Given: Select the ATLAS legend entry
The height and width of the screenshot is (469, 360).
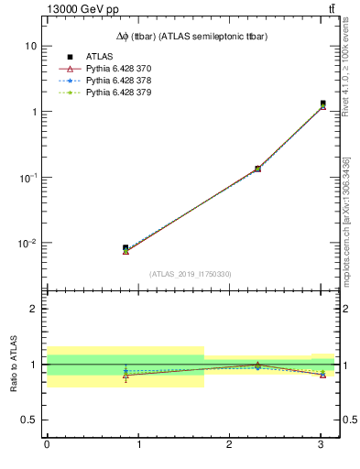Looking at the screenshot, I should [x=99, y=57].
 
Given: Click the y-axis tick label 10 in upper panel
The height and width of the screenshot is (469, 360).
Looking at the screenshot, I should [x=30, y=46].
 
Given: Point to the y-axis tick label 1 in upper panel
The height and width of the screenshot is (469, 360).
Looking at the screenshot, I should [x=33, y=112].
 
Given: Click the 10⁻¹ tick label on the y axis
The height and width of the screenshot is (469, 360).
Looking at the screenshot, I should [x=27, y=178].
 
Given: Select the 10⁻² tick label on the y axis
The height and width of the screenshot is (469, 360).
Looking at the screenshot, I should [x=27, y=244].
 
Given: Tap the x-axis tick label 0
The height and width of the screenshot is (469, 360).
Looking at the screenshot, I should [x=47, y=445].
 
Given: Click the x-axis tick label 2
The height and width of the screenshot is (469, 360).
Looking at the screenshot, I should [x=230, y=445].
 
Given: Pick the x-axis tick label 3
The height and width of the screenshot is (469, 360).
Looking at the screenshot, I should [x=321, y=445].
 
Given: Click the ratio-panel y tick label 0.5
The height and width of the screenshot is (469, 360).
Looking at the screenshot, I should [x=28, y=420].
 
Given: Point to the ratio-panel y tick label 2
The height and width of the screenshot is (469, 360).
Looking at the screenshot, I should [x=33, y=309].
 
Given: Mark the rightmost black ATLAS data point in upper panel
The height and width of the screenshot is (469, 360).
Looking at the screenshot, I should [x=322, y=104].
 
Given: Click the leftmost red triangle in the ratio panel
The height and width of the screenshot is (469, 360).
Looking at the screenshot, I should [x=125, y=376].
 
